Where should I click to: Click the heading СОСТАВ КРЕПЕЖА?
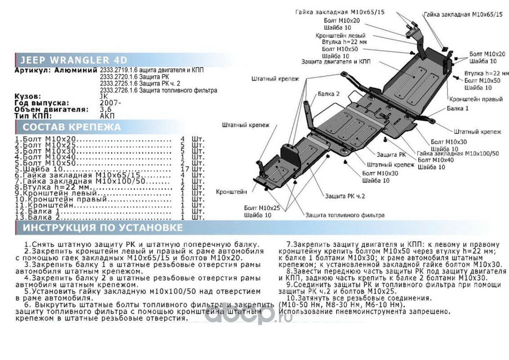click(x=72, y=127)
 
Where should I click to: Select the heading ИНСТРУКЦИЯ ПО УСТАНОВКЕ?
click(x=103, y=228)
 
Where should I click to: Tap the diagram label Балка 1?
click(x=457, y=108)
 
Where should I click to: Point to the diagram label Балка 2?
click(x=328, y=94)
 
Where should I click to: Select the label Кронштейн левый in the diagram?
click(x=340, y=36)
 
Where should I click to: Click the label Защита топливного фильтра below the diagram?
click(x=345, y=215)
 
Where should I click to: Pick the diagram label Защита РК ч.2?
click(x=345, y=196)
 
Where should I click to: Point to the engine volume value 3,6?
click(x=106, y=109)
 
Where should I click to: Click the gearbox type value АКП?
click(x=107, y=116)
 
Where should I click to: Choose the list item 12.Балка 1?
click(x=38, y=211)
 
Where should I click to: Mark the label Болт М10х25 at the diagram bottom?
click(x=262, y=208)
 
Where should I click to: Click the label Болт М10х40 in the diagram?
click(x=435, y=160)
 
